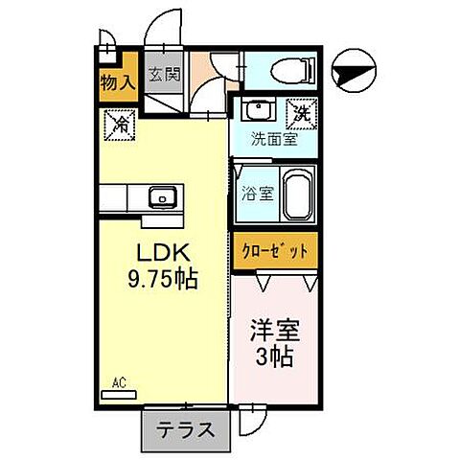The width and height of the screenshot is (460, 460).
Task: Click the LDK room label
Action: [164, 256]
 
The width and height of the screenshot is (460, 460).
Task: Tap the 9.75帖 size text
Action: [164, 284]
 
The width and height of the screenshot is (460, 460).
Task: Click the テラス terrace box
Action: [184, 430]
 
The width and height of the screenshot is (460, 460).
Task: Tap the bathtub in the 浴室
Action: [298, 195]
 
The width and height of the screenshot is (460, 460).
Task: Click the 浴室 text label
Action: [258, 192]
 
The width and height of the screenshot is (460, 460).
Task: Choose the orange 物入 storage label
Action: [117, 83]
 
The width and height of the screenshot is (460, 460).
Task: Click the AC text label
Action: [119, 381]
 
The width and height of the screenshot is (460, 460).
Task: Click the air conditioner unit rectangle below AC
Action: [119, 394]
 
